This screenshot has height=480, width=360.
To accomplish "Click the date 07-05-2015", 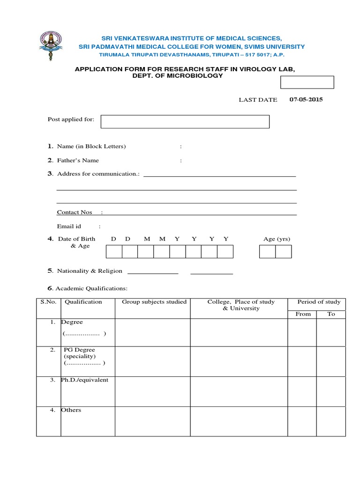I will pos(306,99).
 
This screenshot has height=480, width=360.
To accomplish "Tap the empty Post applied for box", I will pos(185,122).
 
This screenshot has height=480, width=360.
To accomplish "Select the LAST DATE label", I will pos(258,100).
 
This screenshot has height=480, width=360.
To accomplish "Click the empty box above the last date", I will pos(307,82).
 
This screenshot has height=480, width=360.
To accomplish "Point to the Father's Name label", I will pos(78,160).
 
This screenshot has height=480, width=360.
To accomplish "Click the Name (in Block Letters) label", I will pos(91,146).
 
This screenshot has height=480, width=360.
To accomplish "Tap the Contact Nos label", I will pos(75,212).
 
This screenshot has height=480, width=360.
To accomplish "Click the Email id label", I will pos(69,226).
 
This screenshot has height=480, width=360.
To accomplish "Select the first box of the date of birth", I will pos(114,252).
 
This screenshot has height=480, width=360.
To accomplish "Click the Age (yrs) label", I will pos(277,239).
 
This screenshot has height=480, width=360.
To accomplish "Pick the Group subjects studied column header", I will pos(154,302).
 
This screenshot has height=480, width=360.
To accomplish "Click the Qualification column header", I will pos(83,302).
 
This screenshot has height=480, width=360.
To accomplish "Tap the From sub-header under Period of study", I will pos(303,314).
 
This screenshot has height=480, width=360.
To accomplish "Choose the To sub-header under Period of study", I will pos(331,314).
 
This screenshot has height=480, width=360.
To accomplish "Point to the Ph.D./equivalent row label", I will pos(84,380).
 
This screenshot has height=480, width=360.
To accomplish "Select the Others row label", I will pos(71,410).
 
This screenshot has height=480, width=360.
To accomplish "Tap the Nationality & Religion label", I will pos(90,271).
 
